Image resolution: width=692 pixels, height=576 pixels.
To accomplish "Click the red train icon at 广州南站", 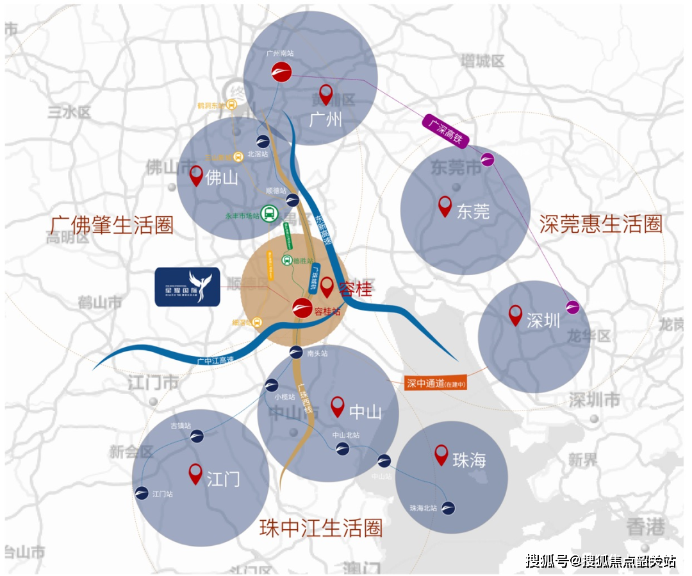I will [281, 72].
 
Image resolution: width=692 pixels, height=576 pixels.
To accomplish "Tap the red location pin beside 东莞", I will [445, 206].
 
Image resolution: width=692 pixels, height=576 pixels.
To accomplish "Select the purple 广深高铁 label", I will [447, 131].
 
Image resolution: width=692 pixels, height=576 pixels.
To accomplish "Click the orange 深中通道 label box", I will [435, 383].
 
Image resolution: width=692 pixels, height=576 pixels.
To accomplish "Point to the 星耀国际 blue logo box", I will [188, 287].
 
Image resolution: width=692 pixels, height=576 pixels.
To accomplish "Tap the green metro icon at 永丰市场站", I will [269, 213].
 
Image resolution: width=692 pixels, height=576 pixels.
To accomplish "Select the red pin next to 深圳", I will [515, 315].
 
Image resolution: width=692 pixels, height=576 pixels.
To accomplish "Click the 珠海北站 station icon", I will [449, 507].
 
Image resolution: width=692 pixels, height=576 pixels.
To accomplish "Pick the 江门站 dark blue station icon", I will [142, 493].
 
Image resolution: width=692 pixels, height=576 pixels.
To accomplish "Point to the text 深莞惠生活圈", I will [600, 224].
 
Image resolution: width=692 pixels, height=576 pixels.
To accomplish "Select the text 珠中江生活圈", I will [321, 528].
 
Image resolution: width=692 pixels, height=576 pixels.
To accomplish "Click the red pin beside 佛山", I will [196, 176].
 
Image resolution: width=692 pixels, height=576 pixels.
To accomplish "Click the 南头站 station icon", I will [295, 352].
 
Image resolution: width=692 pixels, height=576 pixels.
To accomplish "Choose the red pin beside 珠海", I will [441, 454].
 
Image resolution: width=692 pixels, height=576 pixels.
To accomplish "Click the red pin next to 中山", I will [338, 406].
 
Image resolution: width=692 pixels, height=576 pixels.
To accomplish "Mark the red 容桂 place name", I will [356, 289].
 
